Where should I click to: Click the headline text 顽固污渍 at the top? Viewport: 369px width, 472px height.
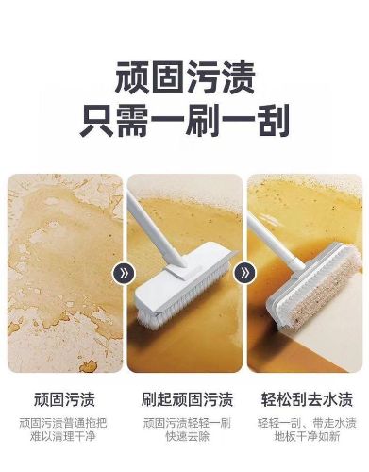[185, 77]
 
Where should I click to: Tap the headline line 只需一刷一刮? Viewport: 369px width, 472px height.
[185, 121]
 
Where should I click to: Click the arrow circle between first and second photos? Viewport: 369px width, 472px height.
[124, 273]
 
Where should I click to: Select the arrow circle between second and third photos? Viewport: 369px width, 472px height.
[245, 273]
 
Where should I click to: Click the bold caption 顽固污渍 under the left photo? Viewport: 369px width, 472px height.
[64, 399]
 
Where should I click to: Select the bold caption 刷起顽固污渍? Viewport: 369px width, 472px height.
[187, 399]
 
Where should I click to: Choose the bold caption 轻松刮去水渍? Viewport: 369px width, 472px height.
[307, 399]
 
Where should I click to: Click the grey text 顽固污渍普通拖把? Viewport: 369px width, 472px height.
[63, 423]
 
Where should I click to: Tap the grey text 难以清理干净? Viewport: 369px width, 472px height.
[63, 437]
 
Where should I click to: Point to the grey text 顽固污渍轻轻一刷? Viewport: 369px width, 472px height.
[187, 423]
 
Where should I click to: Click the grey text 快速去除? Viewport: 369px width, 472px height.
[187, 437]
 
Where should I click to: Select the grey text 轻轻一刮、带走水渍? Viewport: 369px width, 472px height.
[307, 423]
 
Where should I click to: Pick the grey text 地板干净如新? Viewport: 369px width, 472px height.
[307, 437]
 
